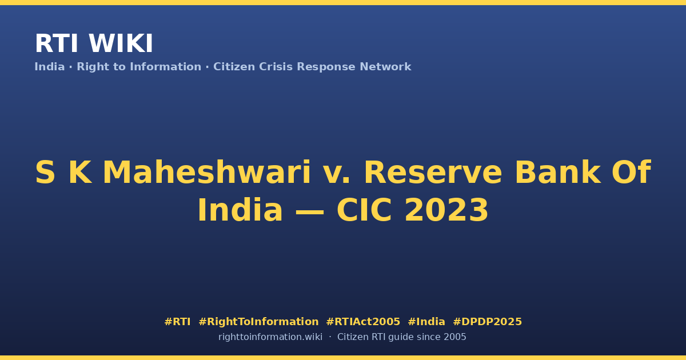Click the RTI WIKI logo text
click(94, 43)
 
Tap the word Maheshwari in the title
click(207, 173)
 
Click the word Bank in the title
click(558, 173)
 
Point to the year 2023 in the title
click(446, 210)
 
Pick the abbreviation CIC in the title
click(364, 210)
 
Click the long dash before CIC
click(310, 211)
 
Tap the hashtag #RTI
click(177, 322)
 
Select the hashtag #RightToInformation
click(258, 322)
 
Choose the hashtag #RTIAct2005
click(363, 322)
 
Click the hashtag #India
click(426, 322)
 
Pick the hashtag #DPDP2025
click(487, 322)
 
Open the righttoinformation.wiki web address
click(270, 337)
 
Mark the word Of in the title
click(632, 173)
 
